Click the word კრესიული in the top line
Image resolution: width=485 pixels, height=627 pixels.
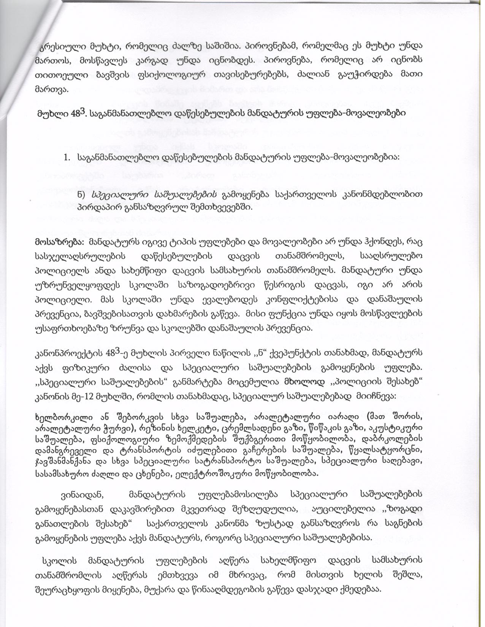click(x=57, y=45)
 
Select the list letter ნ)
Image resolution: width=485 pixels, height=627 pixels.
click(x=81, y=195)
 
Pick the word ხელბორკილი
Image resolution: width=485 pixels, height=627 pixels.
click(x=54, y=416)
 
